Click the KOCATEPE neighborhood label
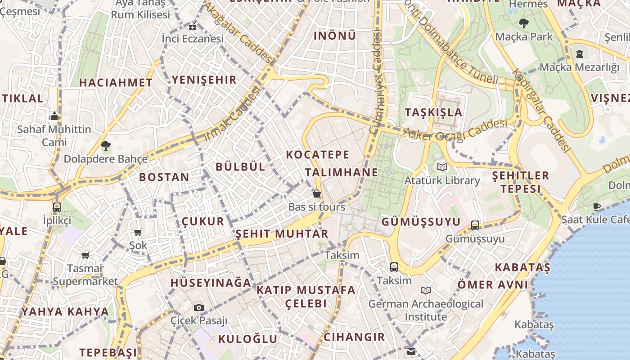[318, 155]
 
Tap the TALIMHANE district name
[342, 172]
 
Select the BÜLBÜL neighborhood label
[240, 166]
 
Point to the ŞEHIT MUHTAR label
[282, 234]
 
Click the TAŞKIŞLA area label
[434, 112]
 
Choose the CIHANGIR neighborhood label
[355, 337]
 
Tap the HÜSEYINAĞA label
[211, 283]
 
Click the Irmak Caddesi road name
[232, 113]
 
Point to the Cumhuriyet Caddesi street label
[375, 81]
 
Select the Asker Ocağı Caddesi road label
[455, 130]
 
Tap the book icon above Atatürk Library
[443, 167]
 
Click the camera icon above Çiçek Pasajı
[199, 307]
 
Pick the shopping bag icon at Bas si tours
[317, 193]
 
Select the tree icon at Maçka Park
[523, 23]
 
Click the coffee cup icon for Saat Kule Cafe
[597, 207]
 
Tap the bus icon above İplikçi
[57, 207]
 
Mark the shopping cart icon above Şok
[138, 232]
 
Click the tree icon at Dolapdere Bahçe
[106, 145]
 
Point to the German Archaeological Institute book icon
[426, 290]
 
